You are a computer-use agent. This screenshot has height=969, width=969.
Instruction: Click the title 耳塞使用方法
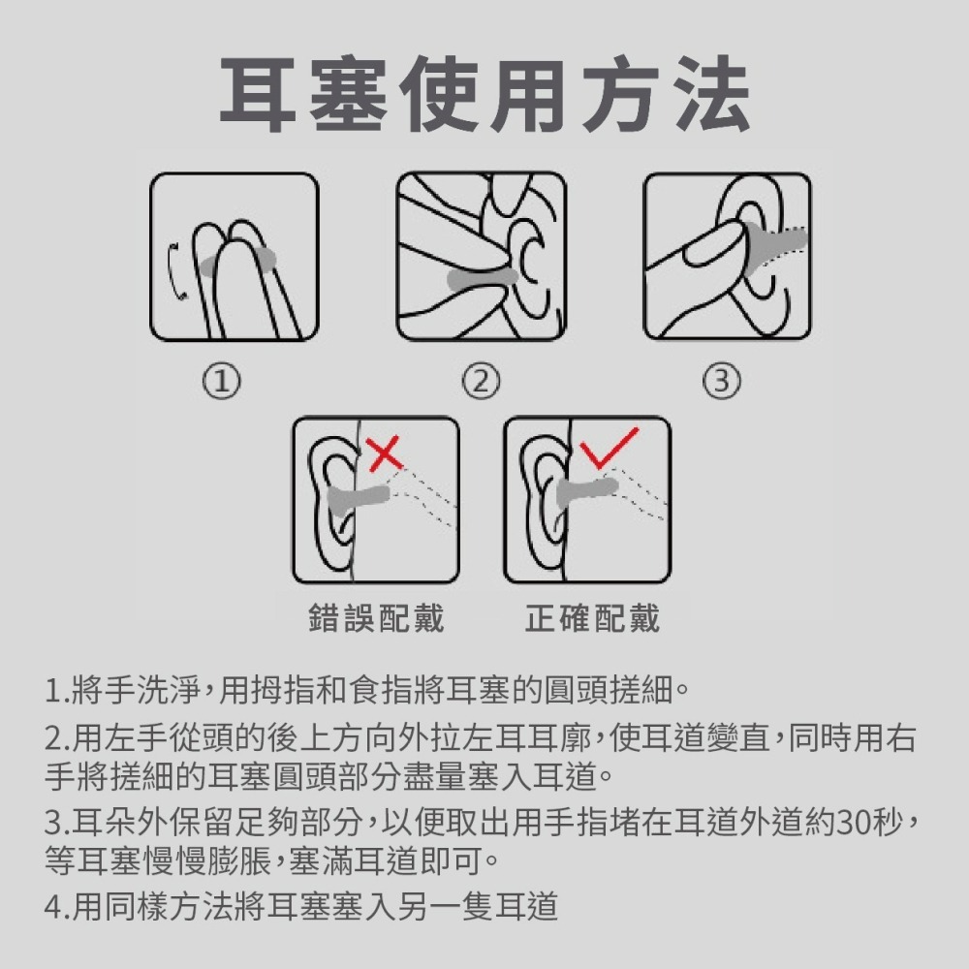pos(485,94)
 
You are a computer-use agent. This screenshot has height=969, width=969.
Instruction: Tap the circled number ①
pos(222,381)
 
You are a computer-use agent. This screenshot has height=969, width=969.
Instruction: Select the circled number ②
pos(481,381)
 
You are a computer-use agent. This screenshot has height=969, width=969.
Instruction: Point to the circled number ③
pos(722,381)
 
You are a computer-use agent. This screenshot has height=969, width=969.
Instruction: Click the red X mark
pos(385,454)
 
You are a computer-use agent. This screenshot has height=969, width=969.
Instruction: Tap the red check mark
pos(609,448)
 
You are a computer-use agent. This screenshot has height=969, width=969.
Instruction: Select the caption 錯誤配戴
pos(376,618)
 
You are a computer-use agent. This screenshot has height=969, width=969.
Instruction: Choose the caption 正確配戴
pos(593,618)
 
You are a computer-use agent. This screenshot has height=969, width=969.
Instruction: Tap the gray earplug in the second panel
pos(482,280)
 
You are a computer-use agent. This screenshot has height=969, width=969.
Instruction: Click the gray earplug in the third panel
pos(773,245)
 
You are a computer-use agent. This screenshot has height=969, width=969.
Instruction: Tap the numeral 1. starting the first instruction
pos(57,691)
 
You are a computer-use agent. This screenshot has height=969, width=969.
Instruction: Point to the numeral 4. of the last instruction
pos(57,907)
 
